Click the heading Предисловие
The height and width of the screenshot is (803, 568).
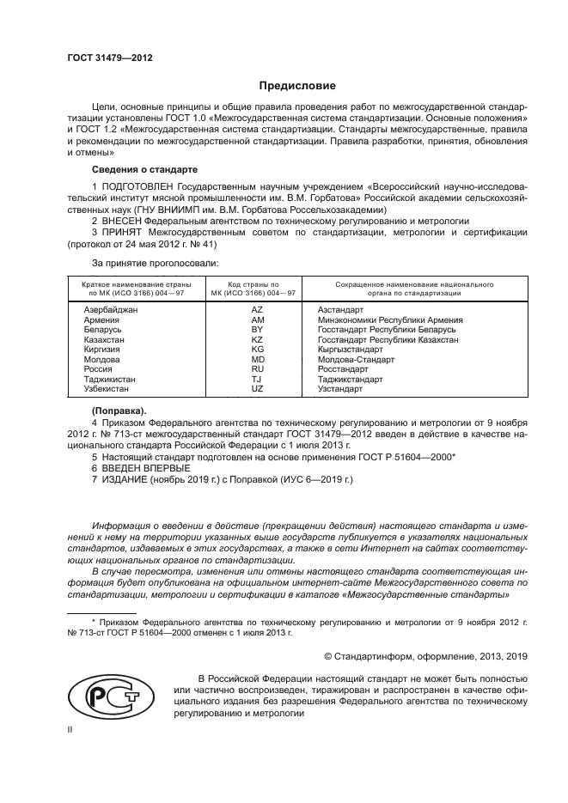pyautogui.click(x=292, y=86)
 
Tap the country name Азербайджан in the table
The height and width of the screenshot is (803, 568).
pyautogui.click(x=111, y=308)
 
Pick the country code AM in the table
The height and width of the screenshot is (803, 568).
pyautogui.click(x=257, y=319)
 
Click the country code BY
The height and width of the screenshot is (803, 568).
pyautogui.click(x=256, y=329)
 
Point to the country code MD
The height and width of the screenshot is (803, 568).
pyautogui.click(x=257, y=359)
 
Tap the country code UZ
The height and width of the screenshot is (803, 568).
pyautogui.click(x=257, y=388)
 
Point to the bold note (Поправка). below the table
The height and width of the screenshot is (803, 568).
pyautogui.click(x=119, y=411)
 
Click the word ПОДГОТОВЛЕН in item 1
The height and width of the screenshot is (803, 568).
pyautogui.click(x=141, y=186)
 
